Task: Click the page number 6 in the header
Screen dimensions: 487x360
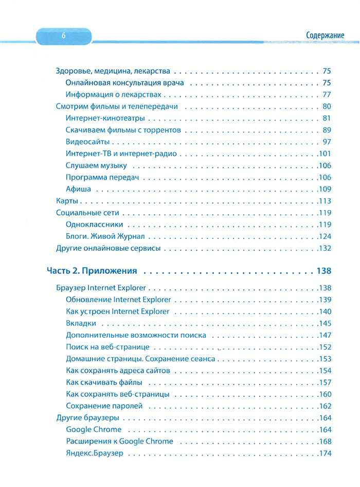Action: [x=63, y=36]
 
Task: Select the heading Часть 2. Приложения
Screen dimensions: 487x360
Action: [x=92, y=270]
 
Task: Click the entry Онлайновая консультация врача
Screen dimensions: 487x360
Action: [x=125, y=83]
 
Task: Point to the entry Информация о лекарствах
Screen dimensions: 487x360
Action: [x=114, y=95]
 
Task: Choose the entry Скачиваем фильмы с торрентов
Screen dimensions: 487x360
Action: [x=123, y=130]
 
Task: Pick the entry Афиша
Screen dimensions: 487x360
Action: [x=79, y=189]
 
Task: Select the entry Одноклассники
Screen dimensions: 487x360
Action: [x=94, y=224]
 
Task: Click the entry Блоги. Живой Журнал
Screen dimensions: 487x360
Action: [x=105, y=236]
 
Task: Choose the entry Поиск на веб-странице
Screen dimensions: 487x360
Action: [x=108, y=347]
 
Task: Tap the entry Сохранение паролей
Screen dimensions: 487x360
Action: [x=104, y=406]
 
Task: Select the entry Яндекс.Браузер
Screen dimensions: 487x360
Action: [x=95, y=453]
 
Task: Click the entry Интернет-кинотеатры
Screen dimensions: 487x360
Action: [x=105, y=118]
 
